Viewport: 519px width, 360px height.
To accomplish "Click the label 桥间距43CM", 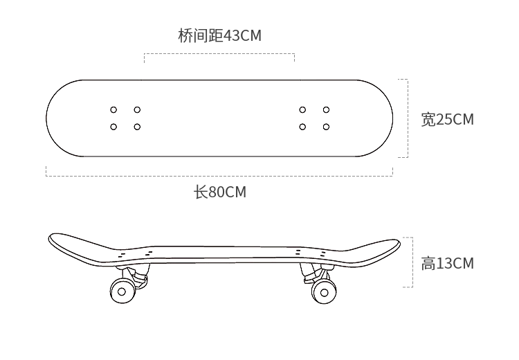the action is coord(220,35).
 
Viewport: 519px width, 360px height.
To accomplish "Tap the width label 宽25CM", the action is coord(448,119).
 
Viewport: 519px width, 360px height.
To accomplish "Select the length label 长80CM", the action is coord(220,192).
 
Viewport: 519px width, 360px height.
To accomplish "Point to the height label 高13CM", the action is coord(448,263).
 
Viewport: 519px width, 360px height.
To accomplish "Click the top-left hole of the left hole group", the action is coord(114,109).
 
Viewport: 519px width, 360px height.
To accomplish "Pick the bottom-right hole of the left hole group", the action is coord(137,126).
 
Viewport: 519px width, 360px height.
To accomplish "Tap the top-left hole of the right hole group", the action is coord(302,109).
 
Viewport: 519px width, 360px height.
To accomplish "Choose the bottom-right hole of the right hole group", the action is coord(325,126).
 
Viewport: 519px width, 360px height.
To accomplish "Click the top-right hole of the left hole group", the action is coord(137,109).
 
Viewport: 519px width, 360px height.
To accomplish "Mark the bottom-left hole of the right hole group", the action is coord(302,126).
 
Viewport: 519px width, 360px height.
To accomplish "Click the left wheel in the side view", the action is coord(122,291).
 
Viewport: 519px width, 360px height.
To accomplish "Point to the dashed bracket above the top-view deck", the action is coord(219,54).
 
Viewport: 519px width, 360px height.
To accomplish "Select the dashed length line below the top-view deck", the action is coord(219,176).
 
